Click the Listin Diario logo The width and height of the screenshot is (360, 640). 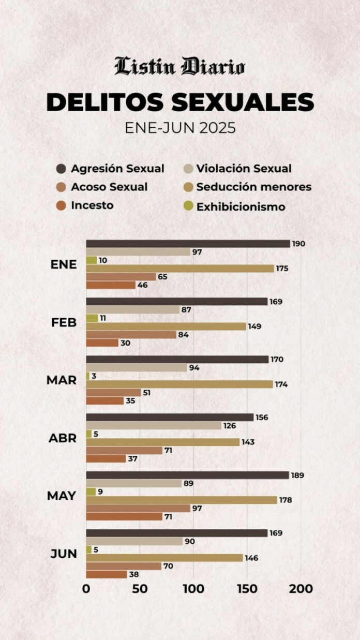click(x=179, y=67)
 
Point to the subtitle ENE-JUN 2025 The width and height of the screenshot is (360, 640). click(x=179, y=128)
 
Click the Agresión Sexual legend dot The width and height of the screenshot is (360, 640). click(x=62, y=169)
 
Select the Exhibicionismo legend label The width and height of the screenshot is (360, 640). click(x=241, y=207)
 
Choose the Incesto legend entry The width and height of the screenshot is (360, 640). click(x=92, y=205)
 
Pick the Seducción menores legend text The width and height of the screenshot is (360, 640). click(x=254, y=187)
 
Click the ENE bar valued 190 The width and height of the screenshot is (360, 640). click(x=188, y=244)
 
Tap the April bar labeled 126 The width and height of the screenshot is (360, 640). click(x=154, y=425)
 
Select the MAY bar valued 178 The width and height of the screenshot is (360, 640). click(x=182, y=500)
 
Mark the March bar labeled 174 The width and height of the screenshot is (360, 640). click(x=179, y=384)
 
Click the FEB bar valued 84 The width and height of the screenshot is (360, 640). click(x=131, y=335)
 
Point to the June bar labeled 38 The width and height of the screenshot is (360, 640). click(x=107, y=574)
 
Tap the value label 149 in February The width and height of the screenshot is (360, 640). click(x=254, y=326)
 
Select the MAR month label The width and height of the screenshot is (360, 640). click(x=62, y=380)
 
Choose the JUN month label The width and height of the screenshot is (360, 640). click(x=64, y=554)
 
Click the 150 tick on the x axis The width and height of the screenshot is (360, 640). click(x=247, y=589)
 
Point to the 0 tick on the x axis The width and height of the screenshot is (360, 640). click(x=86, y=589)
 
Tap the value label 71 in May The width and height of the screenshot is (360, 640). click(x=168, y=517)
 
